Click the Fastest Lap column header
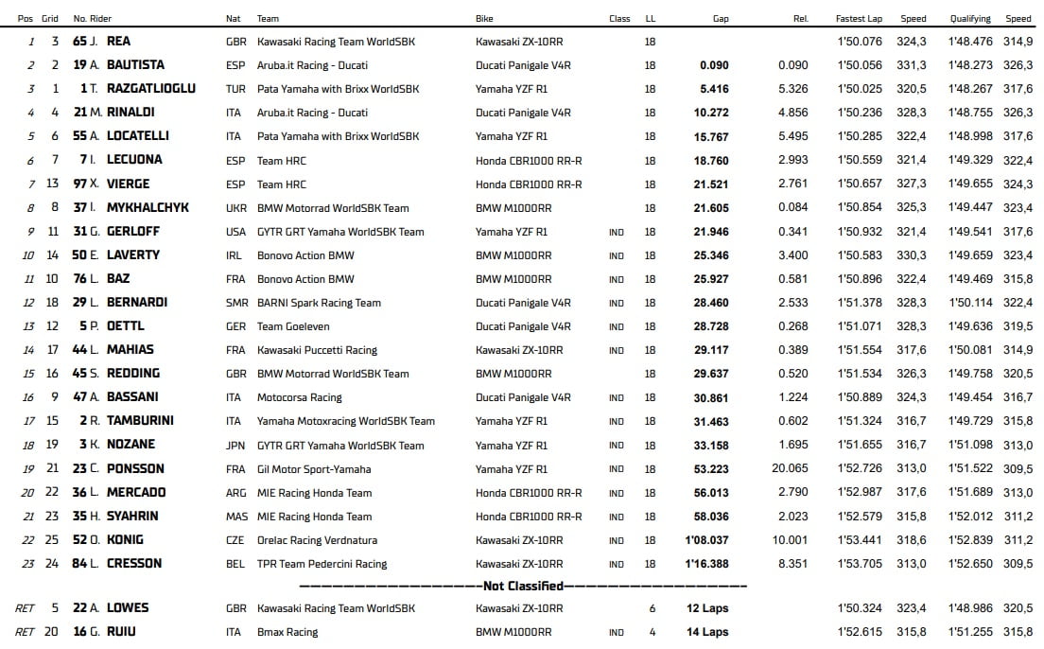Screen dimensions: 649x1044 (x=860, y=18)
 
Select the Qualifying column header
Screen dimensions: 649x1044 (x=970, y=18)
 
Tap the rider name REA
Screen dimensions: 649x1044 (x=119, y=42)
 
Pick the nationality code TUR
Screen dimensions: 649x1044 (x=235, y=89)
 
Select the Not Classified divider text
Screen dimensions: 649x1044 (x=523, y=586)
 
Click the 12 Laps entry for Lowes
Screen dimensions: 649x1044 (x=707, y=608)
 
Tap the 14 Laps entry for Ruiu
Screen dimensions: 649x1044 (x=707, y=632)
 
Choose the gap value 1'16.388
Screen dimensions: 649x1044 (x=706, y=564)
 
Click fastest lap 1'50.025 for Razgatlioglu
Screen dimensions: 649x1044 (x=860, y=89)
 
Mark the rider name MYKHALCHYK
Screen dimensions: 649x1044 (x=148, y=207)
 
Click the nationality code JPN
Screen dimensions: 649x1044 (x=235, y=445)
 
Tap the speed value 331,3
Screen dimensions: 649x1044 (x=913, y=65)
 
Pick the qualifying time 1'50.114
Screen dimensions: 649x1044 (x=970, y=303)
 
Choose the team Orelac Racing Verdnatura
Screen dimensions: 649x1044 (x=317, y=540)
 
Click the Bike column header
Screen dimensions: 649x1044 (x=485, y=18)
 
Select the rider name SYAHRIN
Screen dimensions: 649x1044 (x=132, y=516)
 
